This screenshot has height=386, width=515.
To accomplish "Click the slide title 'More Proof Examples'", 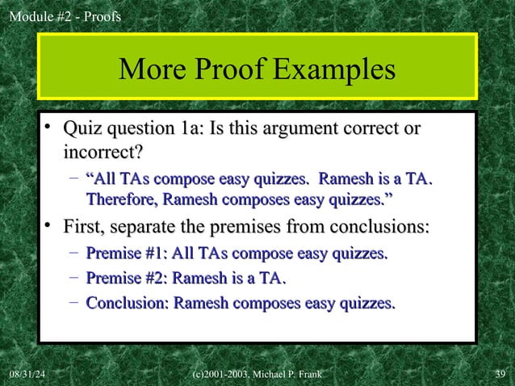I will pos(257,71).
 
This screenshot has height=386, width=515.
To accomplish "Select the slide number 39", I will pos(498,374).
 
